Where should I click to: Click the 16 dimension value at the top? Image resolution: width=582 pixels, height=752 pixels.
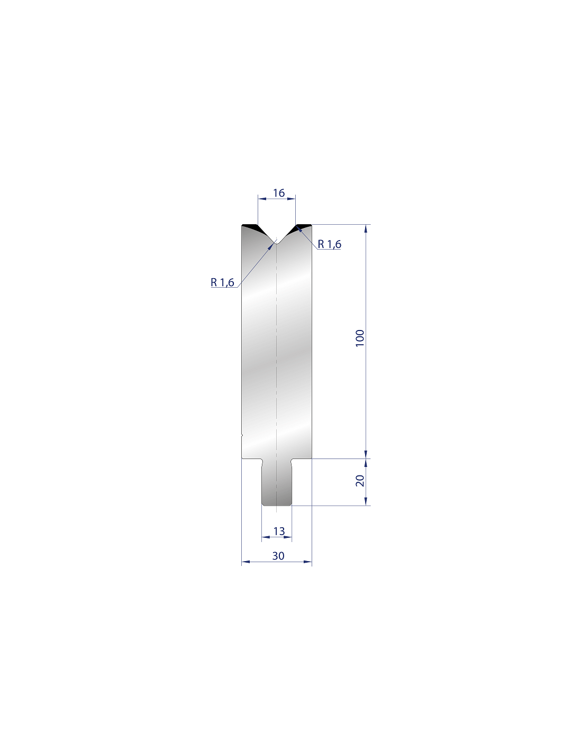click(278, 192)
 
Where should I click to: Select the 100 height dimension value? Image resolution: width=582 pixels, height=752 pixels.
click(360, 338)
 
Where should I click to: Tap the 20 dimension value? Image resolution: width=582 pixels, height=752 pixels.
click(360, 481)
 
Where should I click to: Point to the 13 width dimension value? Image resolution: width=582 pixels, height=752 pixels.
click(279, 531)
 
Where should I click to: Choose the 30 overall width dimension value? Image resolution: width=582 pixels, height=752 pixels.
click(278, 556)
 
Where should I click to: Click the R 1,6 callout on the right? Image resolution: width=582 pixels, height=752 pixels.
click(329, 244)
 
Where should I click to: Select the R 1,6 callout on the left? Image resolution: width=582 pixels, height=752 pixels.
click(222, 282)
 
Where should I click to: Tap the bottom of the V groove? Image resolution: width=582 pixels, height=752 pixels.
click(276, 243)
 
